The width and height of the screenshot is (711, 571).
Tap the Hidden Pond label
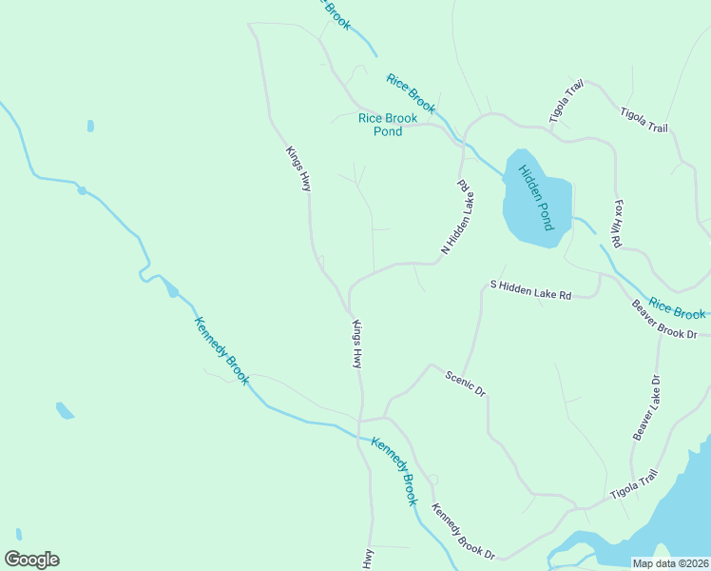pos(535,197)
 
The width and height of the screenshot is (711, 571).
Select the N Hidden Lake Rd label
pos(457,217)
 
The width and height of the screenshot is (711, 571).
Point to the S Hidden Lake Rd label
pos(529,289)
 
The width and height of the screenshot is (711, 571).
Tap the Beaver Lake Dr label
pos(646,407)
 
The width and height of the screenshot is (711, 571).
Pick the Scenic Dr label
pos(466,384)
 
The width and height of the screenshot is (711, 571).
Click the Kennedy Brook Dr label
pos(464,531)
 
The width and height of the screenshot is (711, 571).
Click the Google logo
pos(31,560)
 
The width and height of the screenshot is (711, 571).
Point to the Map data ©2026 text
pos(671,563)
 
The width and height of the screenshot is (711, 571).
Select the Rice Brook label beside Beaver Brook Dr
pos(678,311)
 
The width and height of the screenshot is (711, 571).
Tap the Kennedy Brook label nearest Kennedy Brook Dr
pos(394,470)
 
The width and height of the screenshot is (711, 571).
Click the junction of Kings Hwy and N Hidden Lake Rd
pos(349,309)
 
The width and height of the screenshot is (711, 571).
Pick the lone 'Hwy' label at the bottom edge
pos(367,559)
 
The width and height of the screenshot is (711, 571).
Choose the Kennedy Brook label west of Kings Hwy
pos(221,350)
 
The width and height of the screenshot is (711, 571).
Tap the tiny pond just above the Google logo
pos(18,534)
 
